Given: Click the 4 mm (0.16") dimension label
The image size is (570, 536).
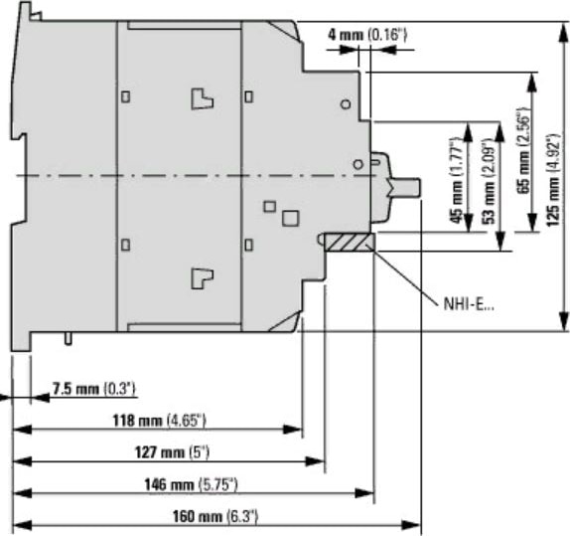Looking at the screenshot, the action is (x=367, y=35).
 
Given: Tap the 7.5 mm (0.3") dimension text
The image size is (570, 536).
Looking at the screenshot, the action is (x=94, y=389).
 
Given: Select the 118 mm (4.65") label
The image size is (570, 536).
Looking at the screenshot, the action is (x=159, y=421).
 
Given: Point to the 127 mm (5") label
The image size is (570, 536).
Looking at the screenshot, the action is (x=173, y=452).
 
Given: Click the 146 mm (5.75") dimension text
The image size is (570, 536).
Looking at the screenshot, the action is (x=191, y=484).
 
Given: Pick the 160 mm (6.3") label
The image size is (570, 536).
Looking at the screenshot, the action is (x=215, y=516).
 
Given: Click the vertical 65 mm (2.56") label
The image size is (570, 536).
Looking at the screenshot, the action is (x=523, y=151).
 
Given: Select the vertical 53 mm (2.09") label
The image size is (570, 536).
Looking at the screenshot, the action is (x=490, y=181).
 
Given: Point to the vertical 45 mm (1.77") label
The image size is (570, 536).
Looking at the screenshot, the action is (x=456, y=180).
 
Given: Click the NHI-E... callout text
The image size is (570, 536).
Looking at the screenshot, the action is (x=469, y=304).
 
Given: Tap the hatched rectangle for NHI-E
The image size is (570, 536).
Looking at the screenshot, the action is (x=350, y=243).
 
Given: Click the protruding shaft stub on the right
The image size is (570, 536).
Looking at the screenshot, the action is (x=405, y=186).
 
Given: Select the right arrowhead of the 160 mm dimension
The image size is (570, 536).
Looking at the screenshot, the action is (x=411, y=525).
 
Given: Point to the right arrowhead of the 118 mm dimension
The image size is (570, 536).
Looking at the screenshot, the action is (x=292, y=430).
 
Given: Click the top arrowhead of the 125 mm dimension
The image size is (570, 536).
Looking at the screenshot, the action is (x=564, y=32).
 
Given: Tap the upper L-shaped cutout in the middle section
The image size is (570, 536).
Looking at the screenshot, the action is (x=203, y=98).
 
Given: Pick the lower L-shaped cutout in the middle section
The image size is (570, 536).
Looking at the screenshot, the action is (x=203, y=278).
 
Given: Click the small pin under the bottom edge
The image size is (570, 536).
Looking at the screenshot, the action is (x=68, y=339).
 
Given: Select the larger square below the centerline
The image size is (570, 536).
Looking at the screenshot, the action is (x=291, y=218).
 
